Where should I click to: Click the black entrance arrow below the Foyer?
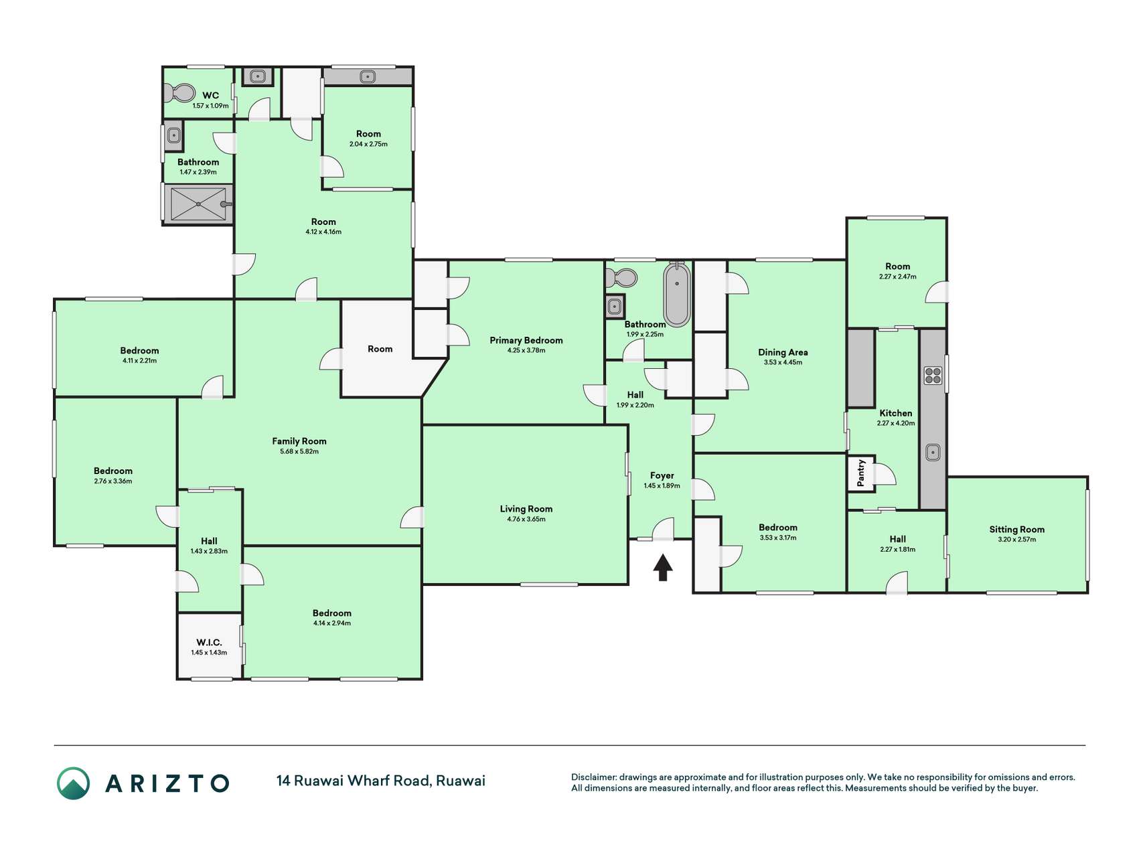(663, 567)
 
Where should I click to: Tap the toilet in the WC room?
(180, 93)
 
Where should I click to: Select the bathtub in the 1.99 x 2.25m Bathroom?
(677, 294)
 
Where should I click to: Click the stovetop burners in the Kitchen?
(933, 376)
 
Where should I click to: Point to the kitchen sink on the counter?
(933, 453)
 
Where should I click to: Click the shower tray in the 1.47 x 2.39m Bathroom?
(198, 204)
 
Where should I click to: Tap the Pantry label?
(861, 473)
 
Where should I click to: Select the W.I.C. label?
(209, 642)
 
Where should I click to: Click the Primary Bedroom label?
(526, 340)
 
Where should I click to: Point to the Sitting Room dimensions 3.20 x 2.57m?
(1016, 539)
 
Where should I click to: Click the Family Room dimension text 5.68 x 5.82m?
(299, 451)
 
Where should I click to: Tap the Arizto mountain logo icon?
(73, 783)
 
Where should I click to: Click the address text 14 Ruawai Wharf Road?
(353, 781)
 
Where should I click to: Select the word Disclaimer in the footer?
(593, 777)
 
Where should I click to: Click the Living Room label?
(526, 509)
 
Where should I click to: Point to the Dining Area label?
(783, 352)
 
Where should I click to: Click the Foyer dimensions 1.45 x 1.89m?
(662, 486)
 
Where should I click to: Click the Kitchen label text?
(896, 413)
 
